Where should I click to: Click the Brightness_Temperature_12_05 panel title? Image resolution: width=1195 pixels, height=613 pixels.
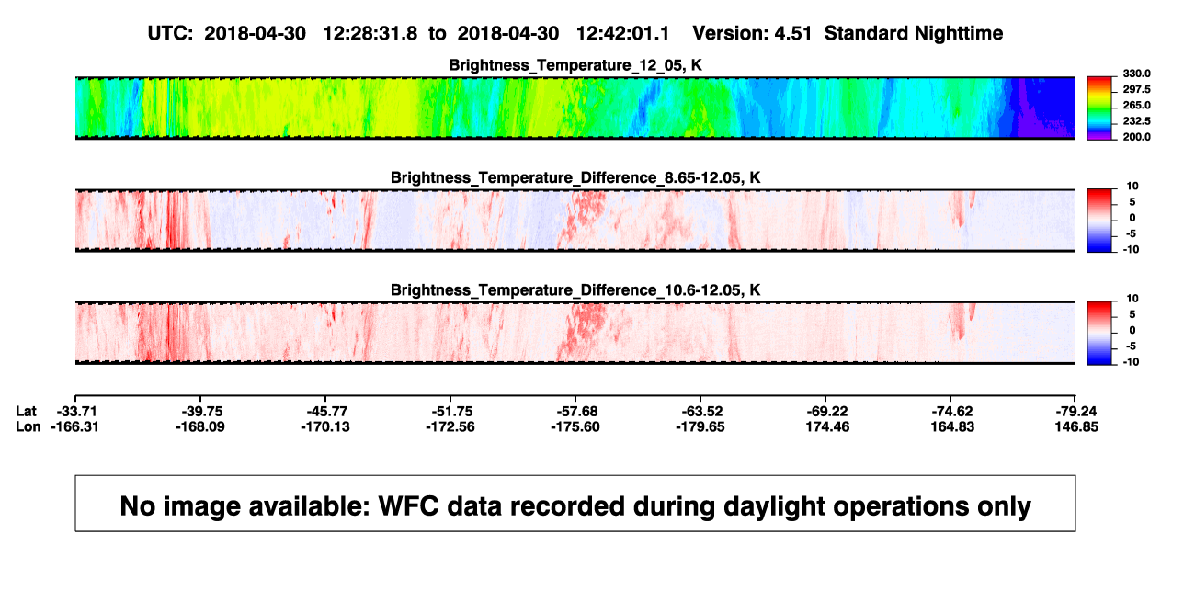pos(575,65)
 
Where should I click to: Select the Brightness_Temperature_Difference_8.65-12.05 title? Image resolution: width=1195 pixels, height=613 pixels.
pos(575,177)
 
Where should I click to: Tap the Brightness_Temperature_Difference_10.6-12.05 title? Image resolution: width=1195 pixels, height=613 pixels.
pos(575,290)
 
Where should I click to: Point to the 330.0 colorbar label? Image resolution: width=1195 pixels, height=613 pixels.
pos(1136,74)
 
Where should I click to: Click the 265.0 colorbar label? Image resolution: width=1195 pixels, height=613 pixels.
pos(1136,105)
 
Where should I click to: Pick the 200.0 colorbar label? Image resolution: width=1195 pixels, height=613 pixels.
pos(1136,137)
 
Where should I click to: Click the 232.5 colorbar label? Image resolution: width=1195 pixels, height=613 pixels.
pos(1136,121)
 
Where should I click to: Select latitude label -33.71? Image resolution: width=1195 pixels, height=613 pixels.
pos(77,412)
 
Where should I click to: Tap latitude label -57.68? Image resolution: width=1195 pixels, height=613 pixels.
pos(577,412)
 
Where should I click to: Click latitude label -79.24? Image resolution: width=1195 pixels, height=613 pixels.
pos(1076,412)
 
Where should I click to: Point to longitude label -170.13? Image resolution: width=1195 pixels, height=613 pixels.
pos(325,427)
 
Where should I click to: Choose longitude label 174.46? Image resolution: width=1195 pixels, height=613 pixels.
pos(827,427)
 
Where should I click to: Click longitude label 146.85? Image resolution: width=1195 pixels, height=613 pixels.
pos(1076,427)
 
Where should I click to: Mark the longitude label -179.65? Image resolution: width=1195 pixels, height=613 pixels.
pos(700,427)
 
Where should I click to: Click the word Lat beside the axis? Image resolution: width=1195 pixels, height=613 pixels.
pos(26,412)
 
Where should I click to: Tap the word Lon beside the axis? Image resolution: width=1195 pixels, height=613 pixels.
pos(28,427)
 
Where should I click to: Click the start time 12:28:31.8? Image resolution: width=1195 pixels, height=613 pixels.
pos(370,34)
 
